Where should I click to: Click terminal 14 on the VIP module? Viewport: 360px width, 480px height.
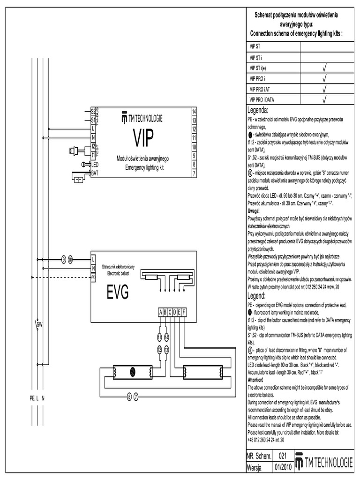[194, 111]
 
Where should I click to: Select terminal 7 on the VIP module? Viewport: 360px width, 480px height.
[194, 173]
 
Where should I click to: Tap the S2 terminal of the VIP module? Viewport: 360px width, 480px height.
[93, 111]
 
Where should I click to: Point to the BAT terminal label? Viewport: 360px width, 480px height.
[95, 173]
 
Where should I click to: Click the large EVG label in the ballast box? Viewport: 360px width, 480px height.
[118, 293]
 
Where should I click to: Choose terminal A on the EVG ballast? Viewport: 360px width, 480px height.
[161, 313]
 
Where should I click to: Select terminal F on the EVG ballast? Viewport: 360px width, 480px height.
[184, 313]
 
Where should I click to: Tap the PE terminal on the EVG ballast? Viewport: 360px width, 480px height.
[93, 277]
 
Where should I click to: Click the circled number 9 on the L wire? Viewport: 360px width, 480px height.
[64, 259]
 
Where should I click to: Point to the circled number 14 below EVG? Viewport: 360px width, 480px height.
[166, 337]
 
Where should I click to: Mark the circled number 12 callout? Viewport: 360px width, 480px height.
[159, 349]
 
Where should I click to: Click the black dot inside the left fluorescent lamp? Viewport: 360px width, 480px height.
[132, 371]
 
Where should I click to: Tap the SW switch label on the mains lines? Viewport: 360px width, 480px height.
[40, 324]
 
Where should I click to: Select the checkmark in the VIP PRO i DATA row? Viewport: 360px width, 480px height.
[324, 99]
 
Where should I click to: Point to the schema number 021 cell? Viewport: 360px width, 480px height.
[282, 455]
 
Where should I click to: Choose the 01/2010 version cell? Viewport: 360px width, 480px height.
[283, 467]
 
